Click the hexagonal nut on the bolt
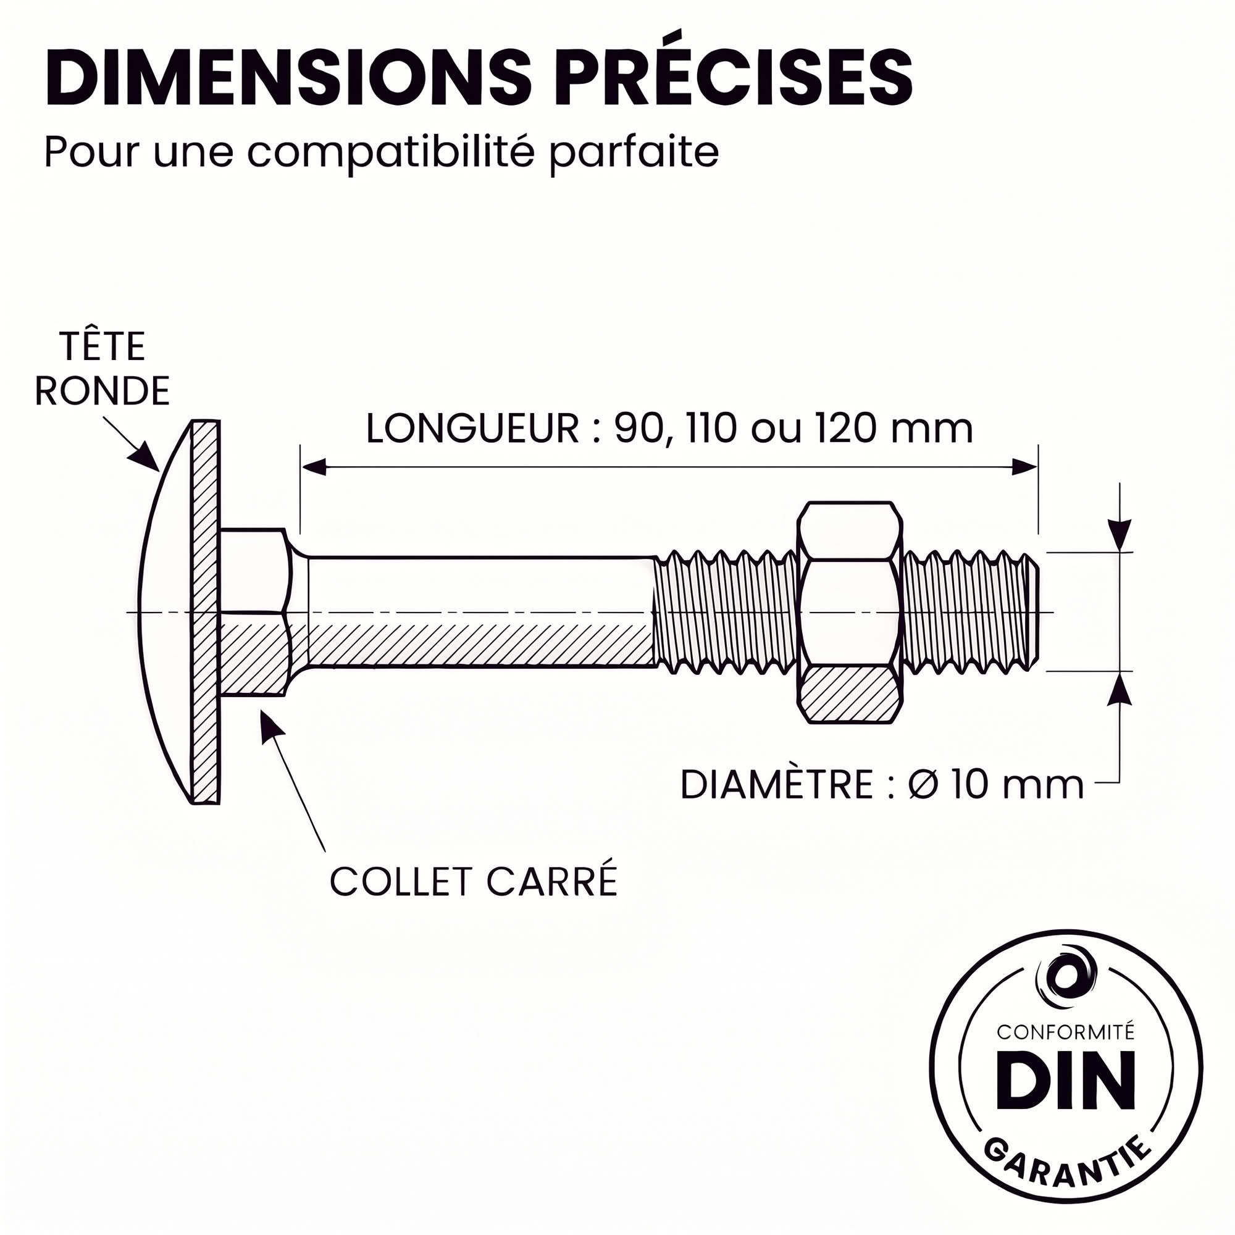pyautogui.click(x=850, y=613)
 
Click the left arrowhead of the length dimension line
pyautogui.click(x=314, y=467)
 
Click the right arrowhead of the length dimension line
pyautogui.click(x=1024, y=467)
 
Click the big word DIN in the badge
pyautogui.click(x=1066, y=1079)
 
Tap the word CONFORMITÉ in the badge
pyautogui.click(x=1066, y=1032)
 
